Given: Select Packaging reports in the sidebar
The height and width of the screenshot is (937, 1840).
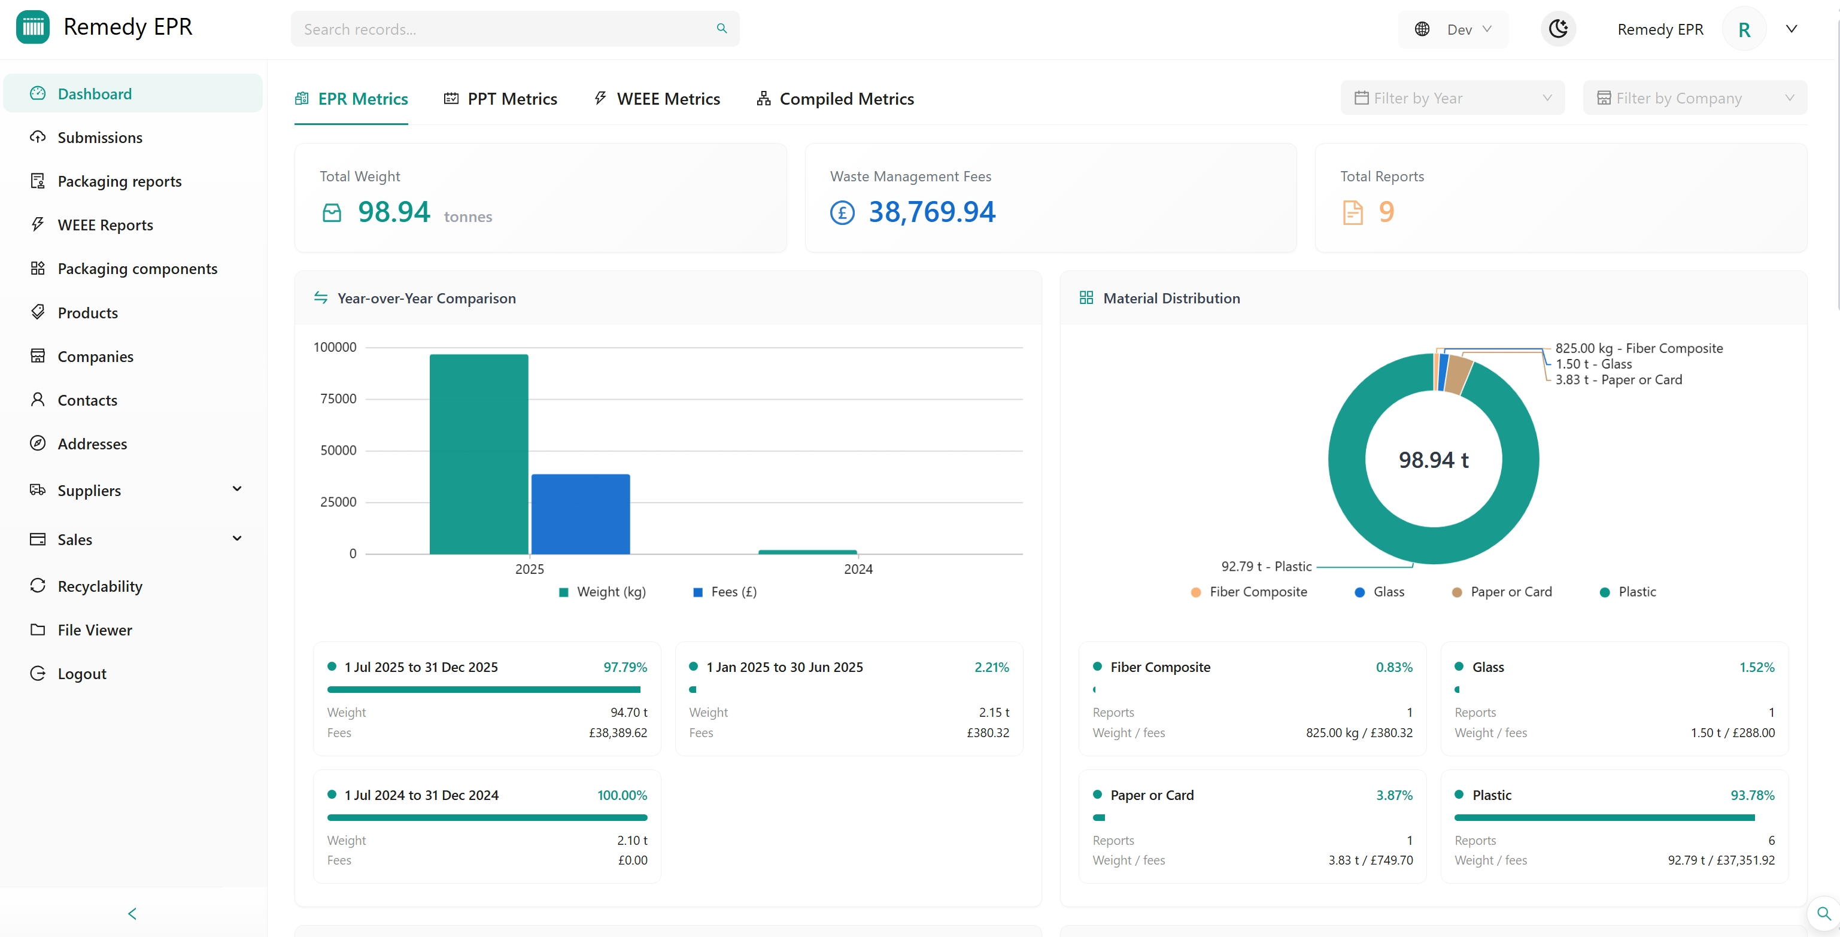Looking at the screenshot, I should (x=119, y=181).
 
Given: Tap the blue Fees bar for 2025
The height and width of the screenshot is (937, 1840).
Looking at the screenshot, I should (x=580, y=514).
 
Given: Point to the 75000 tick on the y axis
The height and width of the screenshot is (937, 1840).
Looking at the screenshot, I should (x=338, y=398).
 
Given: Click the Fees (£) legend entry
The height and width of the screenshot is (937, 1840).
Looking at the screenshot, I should (x=725, y=592).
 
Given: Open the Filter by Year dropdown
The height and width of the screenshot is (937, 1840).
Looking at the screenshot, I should (x=1452, y=98).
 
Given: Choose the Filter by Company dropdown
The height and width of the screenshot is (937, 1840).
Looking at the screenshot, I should (x=1695, y=98).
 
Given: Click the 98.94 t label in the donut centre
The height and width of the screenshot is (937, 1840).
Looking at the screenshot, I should (x=1433, y=460).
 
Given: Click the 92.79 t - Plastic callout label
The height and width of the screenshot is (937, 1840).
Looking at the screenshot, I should (x=1266, y=567).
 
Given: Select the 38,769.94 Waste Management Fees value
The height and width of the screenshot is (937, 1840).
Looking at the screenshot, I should (x=931, y=212).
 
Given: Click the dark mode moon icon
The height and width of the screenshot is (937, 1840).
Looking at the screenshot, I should (x=1558, y=29).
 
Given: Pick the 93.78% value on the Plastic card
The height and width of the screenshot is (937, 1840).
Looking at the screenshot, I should (x=1751, y=795).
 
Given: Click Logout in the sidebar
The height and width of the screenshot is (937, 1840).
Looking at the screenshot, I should (x=81, y=674).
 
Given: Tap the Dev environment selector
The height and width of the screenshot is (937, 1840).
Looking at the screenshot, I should (x=1453, y=29).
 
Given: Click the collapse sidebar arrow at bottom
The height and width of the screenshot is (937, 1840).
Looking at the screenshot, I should (x=132, y=914).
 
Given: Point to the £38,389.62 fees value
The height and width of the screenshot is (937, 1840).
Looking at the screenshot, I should (x=618, y=733).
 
